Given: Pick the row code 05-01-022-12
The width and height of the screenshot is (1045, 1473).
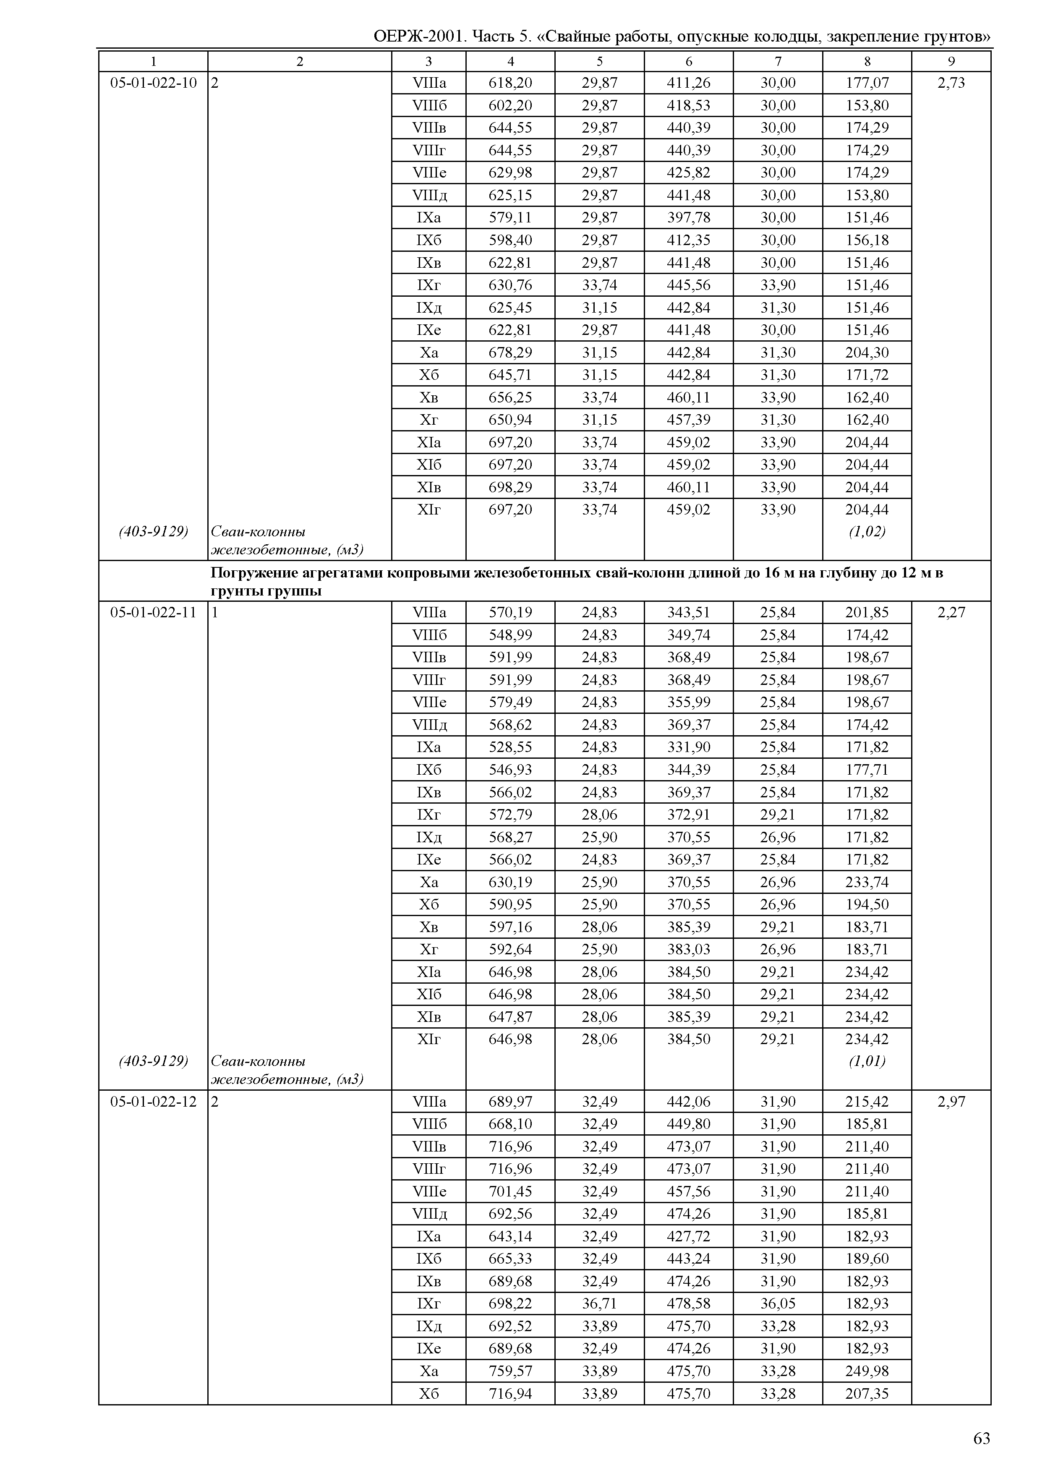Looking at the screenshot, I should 153,1102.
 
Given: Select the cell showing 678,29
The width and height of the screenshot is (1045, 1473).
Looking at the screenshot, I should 510,353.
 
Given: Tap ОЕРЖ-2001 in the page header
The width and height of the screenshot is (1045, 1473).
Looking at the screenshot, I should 419,37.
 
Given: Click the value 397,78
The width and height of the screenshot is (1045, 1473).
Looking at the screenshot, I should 689,217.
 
